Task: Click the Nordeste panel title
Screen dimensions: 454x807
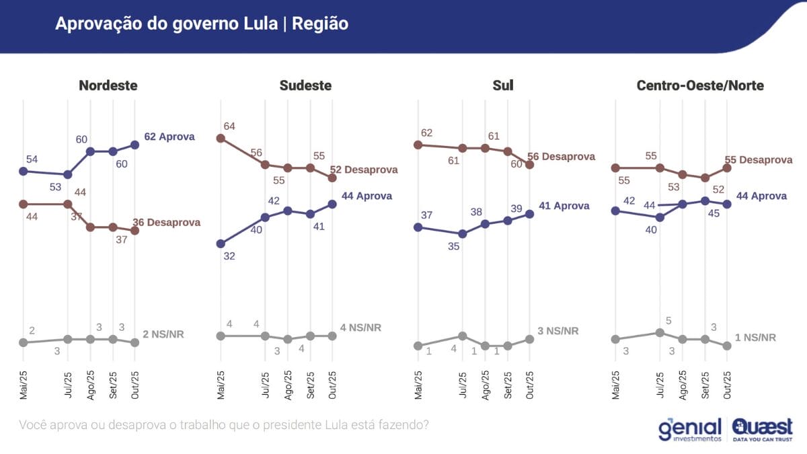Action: (x=108, y=85)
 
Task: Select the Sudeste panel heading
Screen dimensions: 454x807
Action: (x=305, y=85)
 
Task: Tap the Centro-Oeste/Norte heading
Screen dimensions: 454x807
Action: (x=700, y=85)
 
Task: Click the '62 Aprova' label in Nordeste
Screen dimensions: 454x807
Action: (x=169, y=137)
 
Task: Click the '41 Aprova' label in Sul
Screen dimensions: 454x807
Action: (x=564, y=206)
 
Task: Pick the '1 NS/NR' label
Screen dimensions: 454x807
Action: (x=755, y=338)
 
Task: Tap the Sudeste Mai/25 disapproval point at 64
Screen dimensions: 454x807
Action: (x=220, y=138)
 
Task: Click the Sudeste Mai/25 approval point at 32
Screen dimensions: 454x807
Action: (x=220, y=243)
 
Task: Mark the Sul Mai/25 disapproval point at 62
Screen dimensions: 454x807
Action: (x=418, y=144)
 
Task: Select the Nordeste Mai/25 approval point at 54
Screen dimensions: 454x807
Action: (x=24, y=171)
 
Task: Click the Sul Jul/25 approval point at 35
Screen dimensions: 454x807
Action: (x=462, y=234)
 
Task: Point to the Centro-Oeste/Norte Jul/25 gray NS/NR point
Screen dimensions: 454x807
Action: (x=660, y=332)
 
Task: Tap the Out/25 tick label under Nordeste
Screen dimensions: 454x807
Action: (x=136, y=385)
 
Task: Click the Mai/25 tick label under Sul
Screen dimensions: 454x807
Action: (x=418, y=385)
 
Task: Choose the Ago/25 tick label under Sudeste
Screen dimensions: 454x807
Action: (x=288, y=385)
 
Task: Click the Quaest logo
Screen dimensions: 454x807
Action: (x=762, y=429)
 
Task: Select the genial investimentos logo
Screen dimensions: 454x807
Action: (x=690, y=429)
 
